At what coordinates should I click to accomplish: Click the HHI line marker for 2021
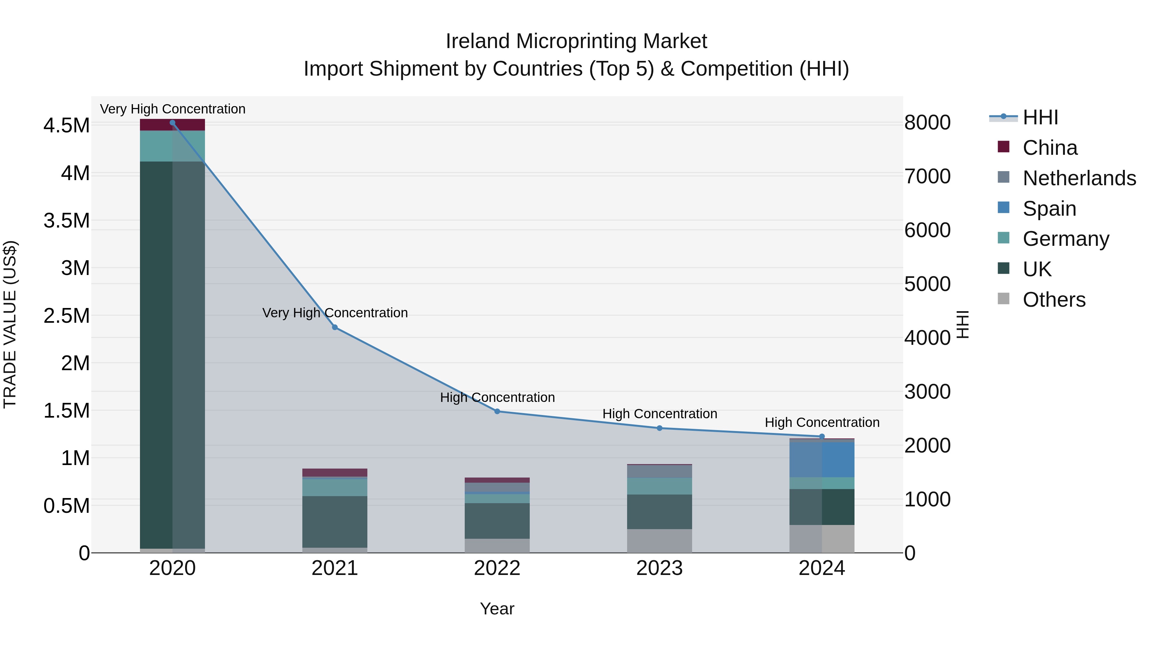coord(335,328)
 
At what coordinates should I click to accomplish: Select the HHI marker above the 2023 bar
coord(659,428)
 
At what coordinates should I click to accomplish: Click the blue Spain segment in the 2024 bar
coord(822,460)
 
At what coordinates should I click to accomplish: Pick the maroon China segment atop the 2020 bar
coord(172,125)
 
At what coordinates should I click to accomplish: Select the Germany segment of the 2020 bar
coord(172,146)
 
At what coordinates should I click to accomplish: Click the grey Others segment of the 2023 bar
coord(659,541)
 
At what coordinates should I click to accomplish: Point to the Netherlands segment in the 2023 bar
coord(659,471)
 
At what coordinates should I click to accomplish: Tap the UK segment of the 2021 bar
coord(335,521)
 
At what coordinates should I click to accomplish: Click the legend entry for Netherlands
coord(1079,178)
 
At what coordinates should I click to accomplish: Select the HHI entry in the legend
coord(1040,117)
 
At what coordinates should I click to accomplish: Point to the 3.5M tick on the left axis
coord(66,221)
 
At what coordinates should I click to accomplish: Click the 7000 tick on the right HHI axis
coord(928,177)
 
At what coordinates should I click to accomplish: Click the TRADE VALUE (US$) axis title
coord(10,324)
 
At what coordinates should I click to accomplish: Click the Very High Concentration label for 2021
coord(335,312)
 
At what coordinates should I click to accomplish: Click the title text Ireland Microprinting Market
coord(576,41)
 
